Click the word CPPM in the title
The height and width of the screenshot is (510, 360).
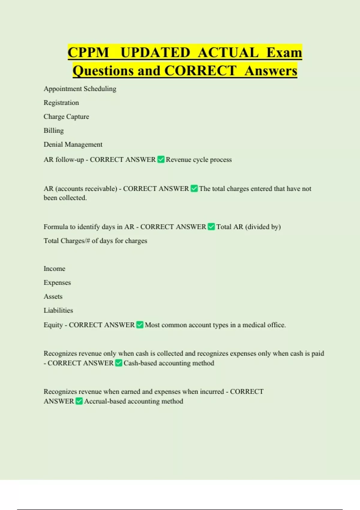(88, 52)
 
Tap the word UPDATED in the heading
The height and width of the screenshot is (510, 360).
(155, 52)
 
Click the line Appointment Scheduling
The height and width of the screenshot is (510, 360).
(80, 89)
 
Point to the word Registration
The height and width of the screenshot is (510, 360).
(61, 103)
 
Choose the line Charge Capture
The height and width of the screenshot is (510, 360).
(66, 117)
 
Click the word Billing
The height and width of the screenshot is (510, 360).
(54, 130)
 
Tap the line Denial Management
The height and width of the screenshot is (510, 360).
(73, 145)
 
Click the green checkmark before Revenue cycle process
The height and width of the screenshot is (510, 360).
(161, 159)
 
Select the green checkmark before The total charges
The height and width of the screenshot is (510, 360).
(194, 188)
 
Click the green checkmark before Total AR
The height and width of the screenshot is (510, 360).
(211, 226)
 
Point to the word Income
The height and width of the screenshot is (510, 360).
(54, 268)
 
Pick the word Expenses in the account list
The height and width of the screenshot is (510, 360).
(57, 283)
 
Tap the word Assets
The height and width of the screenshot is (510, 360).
(53, 296)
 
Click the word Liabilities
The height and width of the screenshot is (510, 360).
(58, 310)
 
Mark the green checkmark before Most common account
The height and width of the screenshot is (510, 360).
(140, 325)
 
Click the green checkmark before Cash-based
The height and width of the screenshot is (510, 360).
(118, 363)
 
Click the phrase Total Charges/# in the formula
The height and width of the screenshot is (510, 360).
(67, 241)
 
